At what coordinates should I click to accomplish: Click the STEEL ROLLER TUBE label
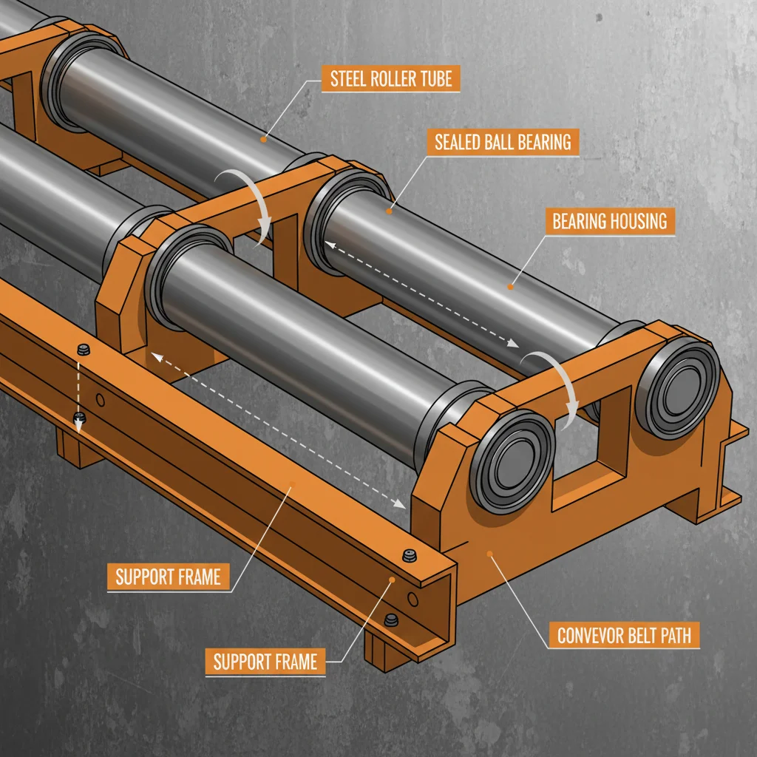click(390, 78)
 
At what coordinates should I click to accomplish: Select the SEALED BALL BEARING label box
click(503, 141)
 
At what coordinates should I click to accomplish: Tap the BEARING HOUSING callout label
click(609, 220)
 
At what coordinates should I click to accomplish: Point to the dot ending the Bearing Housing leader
click(509, 285)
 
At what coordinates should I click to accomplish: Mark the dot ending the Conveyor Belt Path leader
click(489, 553)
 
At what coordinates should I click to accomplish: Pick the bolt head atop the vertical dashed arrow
click(81, 349)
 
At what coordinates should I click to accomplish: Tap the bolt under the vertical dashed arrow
click(80, 420)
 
